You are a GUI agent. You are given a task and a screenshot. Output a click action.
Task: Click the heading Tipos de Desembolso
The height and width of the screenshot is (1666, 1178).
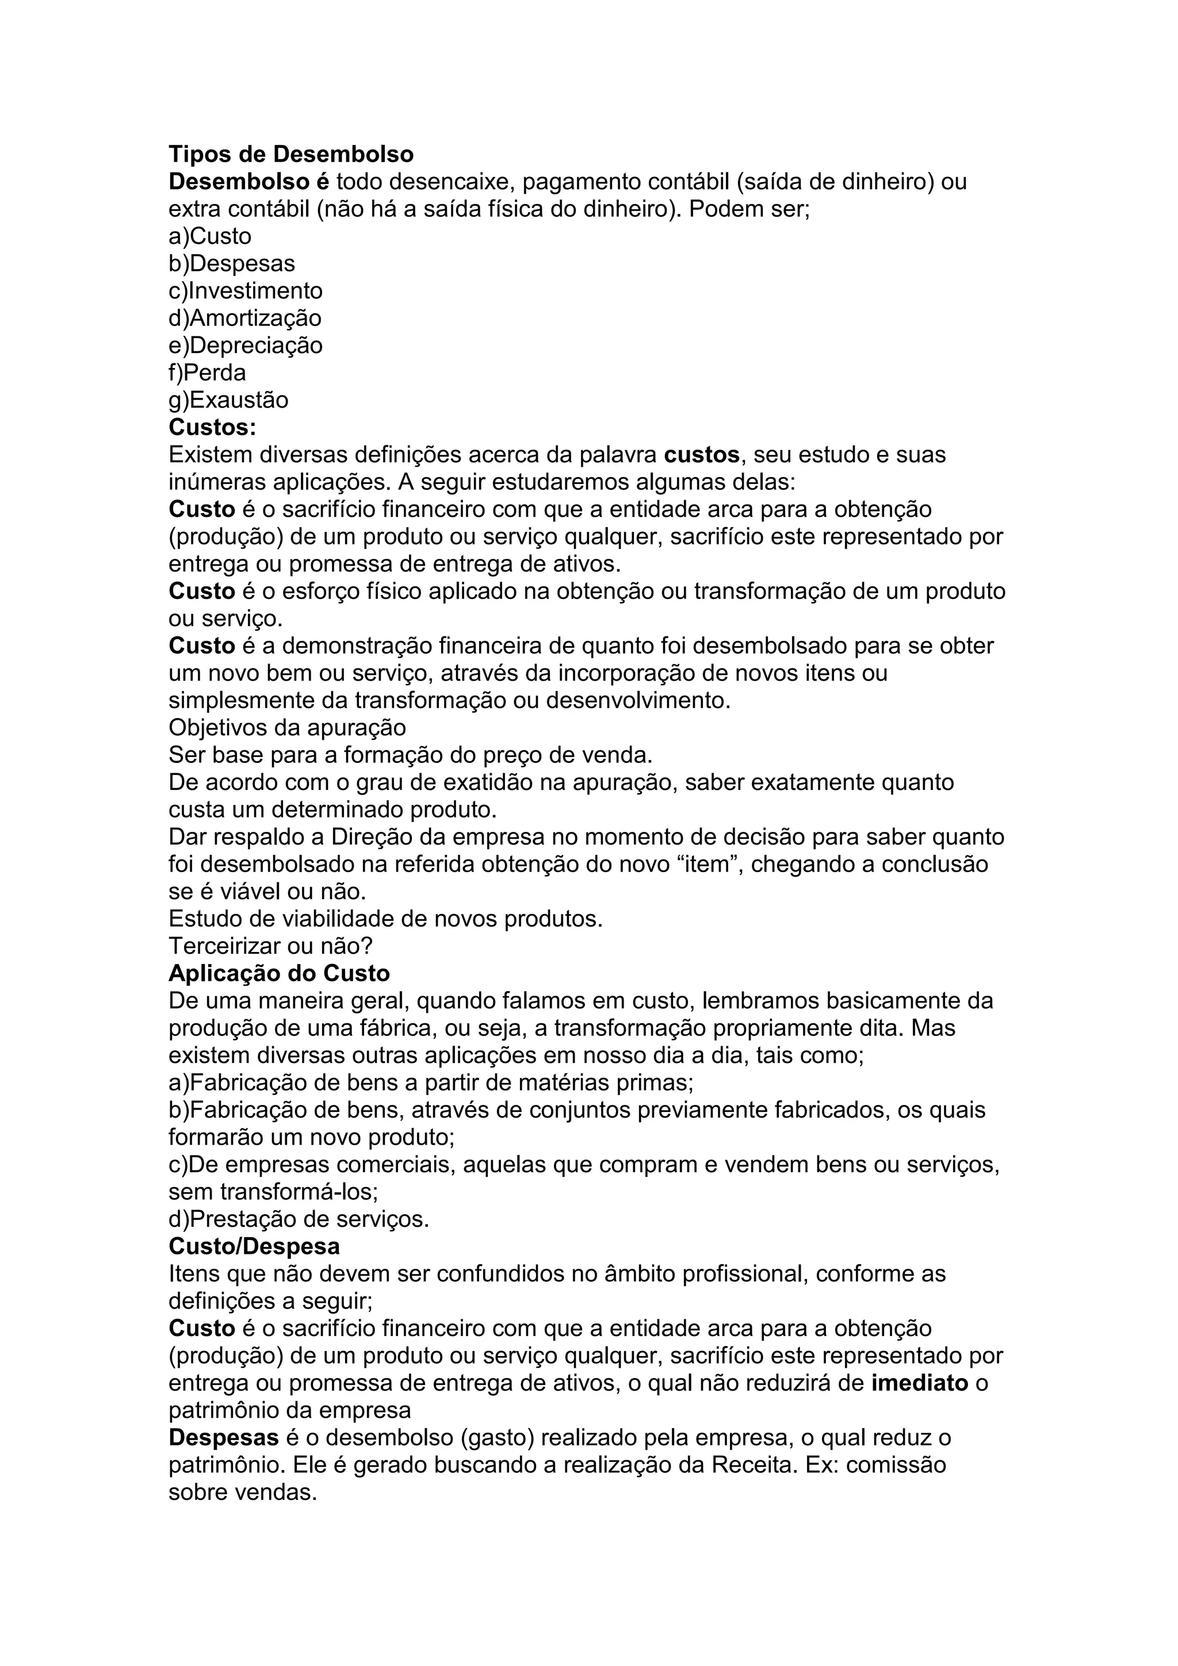point(291,155)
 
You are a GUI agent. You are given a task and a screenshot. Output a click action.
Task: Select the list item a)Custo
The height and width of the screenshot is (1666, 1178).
point(210,236)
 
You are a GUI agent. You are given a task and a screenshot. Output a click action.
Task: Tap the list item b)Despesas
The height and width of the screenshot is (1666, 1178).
point(232,263)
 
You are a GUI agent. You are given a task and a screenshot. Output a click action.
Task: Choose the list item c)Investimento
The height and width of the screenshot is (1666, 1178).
point(246,291)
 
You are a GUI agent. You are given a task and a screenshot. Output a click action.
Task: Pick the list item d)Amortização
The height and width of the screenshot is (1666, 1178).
point(244,318)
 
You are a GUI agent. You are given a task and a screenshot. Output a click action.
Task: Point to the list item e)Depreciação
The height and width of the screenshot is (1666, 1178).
point(246,346)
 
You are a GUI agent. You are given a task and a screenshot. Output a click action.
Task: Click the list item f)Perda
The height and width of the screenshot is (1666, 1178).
point(207,373)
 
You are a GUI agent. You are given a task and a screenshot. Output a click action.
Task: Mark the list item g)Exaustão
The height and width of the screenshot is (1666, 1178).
point(228,400)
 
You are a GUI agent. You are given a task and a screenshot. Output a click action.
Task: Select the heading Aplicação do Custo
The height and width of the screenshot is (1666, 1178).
point(279,973)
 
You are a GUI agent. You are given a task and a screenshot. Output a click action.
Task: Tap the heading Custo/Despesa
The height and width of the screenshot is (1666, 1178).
point(254,1246)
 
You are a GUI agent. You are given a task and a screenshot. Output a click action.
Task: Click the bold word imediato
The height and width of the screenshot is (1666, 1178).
point(920,1383)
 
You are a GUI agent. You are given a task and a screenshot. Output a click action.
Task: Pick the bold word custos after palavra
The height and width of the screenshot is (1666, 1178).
point(701,455)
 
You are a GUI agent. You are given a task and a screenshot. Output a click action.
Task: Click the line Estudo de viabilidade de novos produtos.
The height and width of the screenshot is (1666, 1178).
point(385,919)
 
